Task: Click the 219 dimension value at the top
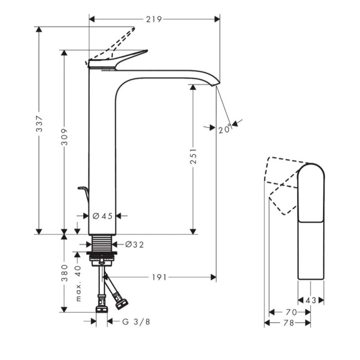click(154, 19)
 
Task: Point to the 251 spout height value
click(193, 156)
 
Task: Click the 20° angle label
click(225, 129)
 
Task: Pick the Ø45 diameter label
click(102, 216)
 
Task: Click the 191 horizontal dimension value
click(159, 277)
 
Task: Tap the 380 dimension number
click(64, 273)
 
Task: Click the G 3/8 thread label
click(135, 321)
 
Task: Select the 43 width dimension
click(311, 300)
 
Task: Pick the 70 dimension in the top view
click(291, 312)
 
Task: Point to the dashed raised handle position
click(119, 41)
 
